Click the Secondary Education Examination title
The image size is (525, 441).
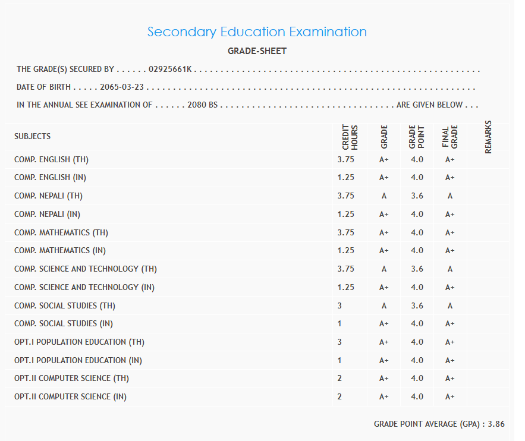click(257, 31)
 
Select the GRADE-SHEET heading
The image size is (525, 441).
click(257, 51)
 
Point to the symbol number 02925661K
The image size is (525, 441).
click(170, 70)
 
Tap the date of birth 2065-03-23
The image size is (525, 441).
click(121, 87)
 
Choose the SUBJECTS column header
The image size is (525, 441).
click(33, 136)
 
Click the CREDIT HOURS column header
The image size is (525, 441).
click(350, 137)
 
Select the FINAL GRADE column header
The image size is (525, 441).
click(450, 137)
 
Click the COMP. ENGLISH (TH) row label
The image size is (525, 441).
click(52, 160)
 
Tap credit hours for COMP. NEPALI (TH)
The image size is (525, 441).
click(345, 196)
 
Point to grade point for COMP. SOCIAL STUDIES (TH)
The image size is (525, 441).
click(417, 306)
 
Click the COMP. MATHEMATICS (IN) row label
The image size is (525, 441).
click(60, 251)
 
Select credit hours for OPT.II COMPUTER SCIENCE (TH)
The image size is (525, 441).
click(339, 379)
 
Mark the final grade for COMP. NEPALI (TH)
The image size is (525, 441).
click(450, 196)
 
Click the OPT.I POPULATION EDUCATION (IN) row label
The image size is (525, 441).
click(78, 360)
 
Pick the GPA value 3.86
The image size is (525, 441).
click(496, 424)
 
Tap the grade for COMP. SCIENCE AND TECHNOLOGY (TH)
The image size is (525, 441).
click(383, 269)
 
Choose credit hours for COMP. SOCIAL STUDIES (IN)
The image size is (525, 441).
click(339, 324)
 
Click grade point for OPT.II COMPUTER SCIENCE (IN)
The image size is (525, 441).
click(417, 397)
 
